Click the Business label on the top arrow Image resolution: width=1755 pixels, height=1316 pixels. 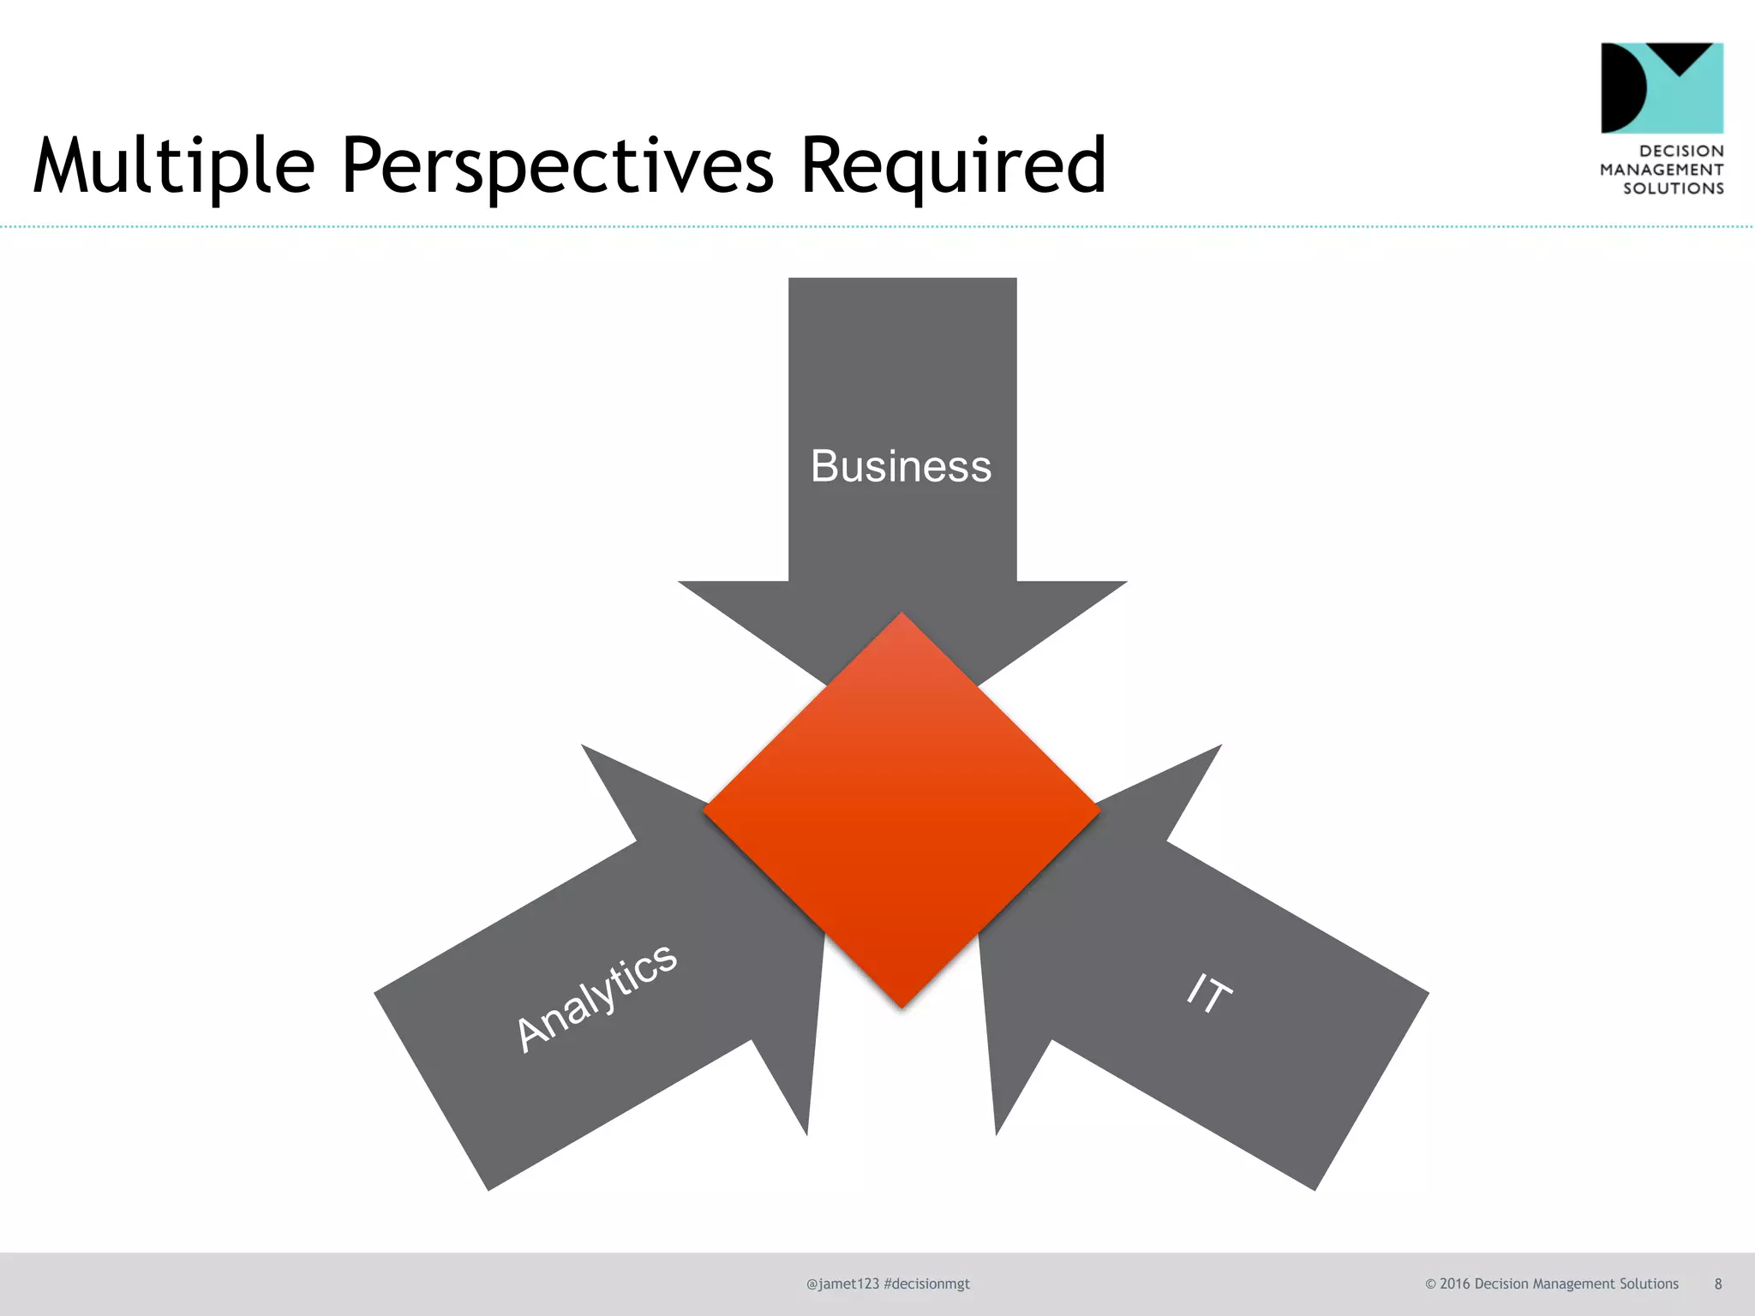point(901,467)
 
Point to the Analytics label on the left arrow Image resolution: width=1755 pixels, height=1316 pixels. point(596,998)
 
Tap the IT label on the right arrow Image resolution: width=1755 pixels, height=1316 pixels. point(1209,994)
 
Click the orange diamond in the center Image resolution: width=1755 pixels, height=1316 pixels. point(901,810)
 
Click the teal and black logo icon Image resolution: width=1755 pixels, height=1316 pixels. point(1662,87)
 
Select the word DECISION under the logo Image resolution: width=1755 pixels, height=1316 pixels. point(1681,151)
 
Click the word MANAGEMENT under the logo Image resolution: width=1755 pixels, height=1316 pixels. point(1662,170)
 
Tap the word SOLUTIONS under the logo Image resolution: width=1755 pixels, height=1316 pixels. point(1673,188)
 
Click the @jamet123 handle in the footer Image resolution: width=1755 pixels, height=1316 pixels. point(842,1283)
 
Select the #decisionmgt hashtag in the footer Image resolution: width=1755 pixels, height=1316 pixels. point(926,1283)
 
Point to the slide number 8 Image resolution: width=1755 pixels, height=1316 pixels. point(1718,1283)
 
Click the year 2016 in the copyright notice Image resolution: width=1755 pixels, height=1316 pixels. point(1454,1283)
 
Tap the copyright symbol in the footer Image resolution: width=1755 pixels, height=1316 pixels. point(1430,1283)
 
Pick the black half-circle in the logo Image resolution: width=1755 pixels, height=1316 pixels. point(1620,87)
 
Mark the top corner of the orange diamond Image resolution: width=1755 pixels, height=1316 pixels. point(901,615)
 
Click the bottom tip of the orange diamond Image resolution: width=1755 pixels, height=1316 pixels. point(901,1005)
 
